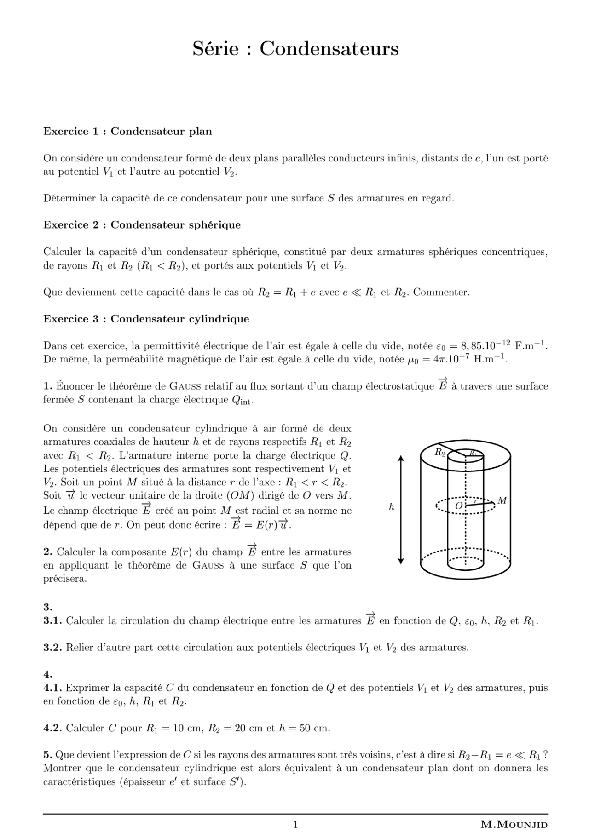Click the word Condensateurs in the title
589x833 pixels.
[x=329, y=49]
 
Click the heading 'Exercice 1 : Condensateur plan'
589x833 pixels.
[x=127, y=132]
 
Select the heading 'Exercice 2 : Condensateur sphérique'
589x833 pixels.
[x=142, y=225]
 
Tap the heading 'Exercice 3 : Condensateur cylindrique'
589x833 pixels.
[x=146, y=319]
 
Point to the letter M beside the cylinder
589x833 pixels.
[x=502, y=500]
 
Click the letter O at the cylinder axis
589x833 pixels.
[x=458, y=506]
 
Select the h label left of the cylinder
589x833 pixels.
[x=392, y=507]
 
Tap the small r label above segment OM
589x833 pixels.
[x=475, y=500]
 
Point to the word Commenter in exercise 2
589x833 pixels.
[x=441, y=292]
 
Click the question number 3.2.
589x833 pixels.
[x=52, y=648]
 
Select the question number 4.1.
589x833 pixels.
[x=52, y=688]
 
